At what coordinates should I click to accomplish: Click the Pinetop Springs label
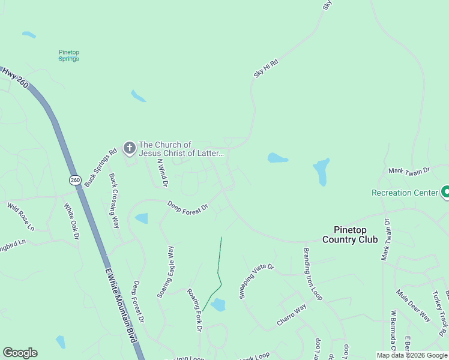[x=69, y=56]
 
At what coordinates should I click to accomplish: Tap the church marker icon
[x=129, y=148]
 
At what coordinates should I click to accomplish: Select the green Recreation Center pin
[x=446, y=192]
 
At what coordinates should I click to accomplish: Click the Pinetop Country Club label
[x=350, y=235]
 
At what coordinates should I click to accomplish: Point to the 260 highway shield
[x=75, y=180]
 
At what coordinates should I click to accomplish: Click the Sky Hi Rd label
[x=266, y=68]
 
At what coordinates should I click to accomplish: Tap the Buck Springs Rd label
[x=100, y=169]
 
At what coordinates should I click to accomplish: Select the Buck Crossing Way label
[x=114, y=192]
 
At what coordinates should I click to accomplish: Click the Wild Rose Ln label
[x=21, y=217]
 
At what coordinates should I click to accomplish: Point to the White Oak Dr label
[x=71, y=221]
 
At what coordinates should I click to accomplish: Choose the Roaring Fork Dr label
[x=195, y=309]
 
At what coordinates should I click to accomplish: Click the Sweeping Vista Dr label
[x=256, y=281]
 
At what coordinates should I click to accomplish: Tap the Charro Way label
[x=292, y=314]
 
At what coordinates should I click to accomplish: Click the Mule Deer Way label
[x=413, y=305]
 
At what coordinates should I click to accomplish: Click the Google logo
[x=20, y=353]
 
